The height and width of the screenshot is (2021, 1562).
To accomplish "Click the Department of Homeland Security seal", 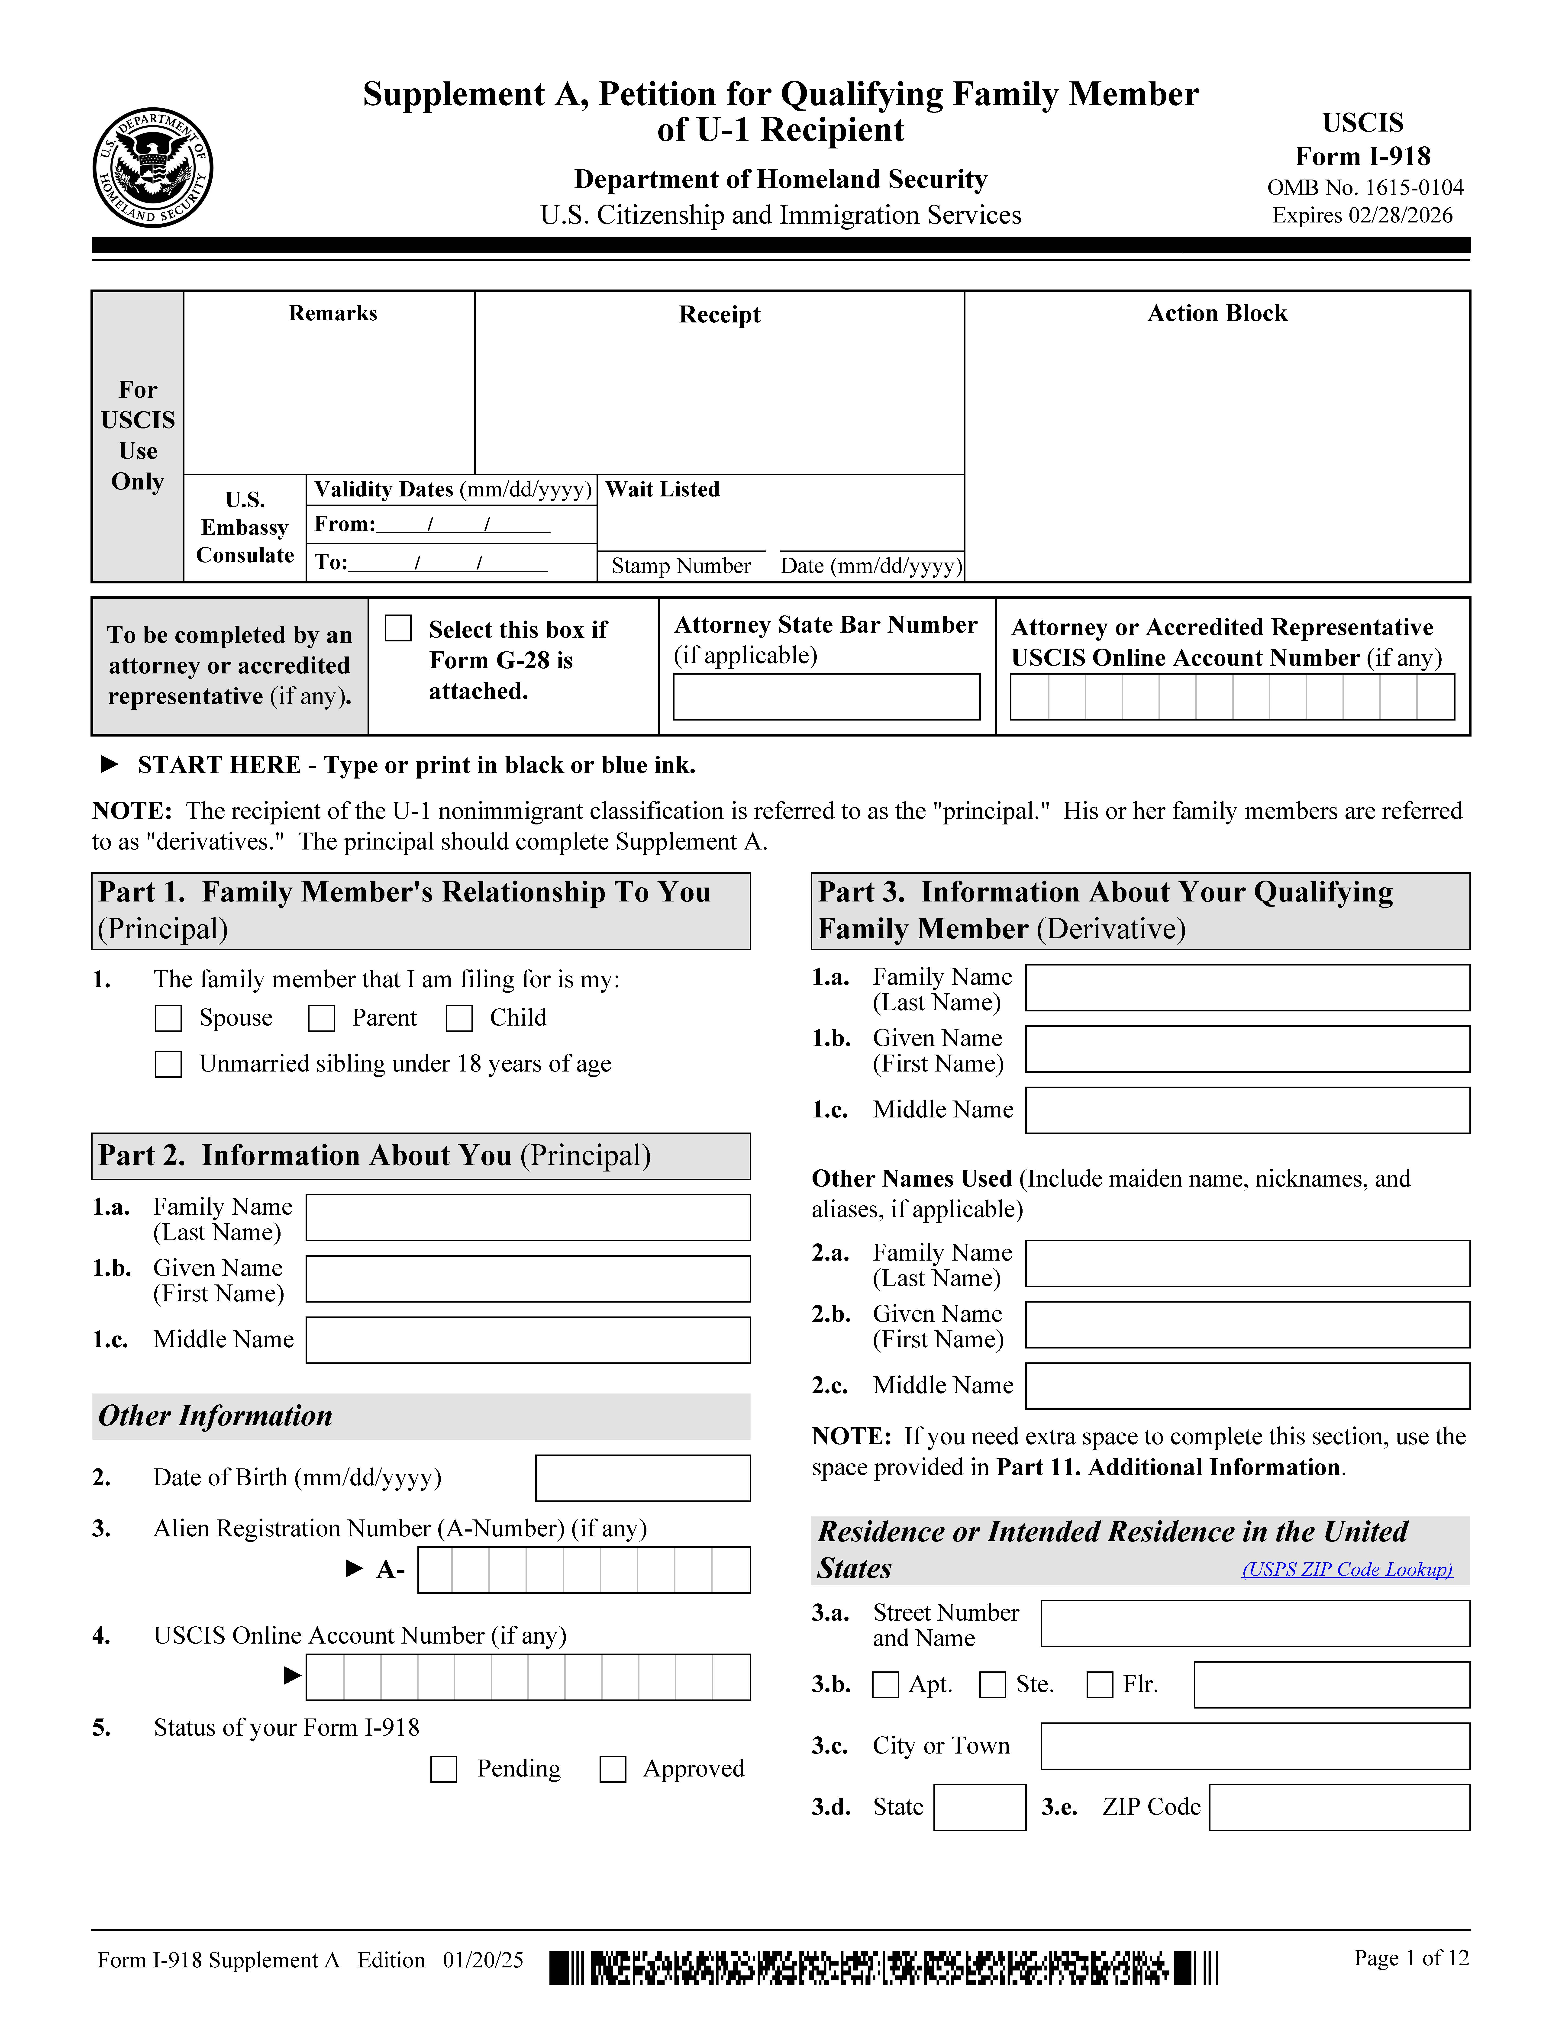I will pos(153,167).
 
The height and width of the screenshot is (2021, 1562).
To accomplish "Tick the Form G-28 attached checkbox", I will pos(398,628).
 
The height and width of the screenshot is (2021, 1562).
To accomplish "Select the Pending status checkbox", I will pos(444,1769).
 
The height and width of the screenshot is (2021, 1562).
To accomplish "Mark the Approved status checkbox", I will pos(613,1769).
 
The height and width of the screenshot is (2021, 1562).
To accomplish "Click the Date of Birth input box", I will pos(642,1478).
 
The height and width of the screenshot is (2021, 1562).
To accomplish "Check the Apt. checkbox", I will pos(886,1685).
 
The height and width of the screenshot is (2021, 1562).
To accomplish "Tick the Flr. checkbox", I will pos(1099,1685).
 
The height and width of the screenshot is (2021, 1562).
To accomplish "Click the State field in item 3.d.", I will pos(979,1807).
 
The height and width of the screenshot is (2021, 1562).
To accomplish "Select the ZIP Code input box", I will pos(1339,1807).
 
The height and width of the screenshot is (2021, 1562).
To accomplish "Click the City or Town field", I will pos(1255,1746).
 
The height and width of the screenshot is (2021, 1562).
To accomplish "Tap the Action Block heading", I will pos(1217,314).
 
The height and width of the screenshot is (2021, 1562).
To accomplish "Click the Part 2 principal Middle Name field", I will pos(527,1340).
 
